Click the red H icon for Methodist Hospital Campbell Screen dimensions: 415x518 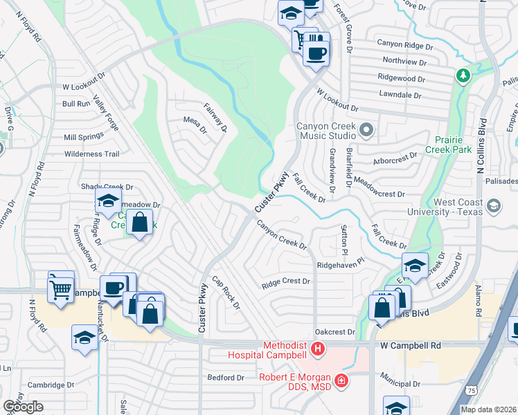coord(318,349)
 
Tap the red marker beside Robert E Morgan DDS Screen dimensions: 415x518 coord(340,380)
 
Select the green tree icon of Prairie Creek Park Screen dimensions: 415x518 coord(462,75)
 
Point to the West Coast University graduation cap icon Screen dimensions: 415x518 coord(493,206)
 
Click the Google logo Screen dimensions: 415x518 coord(22,407)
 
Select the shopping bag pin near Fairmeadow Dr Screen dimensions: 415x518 coord(140,223)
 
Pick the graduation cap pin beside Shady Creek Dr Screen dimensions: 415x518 coord(107,201)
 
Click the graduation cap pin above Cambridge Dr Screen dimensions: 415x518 coord(84,338)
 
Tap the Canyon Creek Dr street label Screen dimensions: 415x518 coord(282,235)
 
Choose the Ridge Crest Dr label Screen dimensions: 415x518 coord(285,282)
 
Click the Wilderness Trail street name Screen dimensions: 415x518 coord(92,154)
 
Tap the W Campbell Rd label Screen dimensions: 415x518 coord(411,344)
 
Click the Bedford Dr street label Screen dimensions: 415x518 coord(226,378)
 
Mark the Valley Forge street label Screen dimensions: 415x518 coord(106,113)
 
